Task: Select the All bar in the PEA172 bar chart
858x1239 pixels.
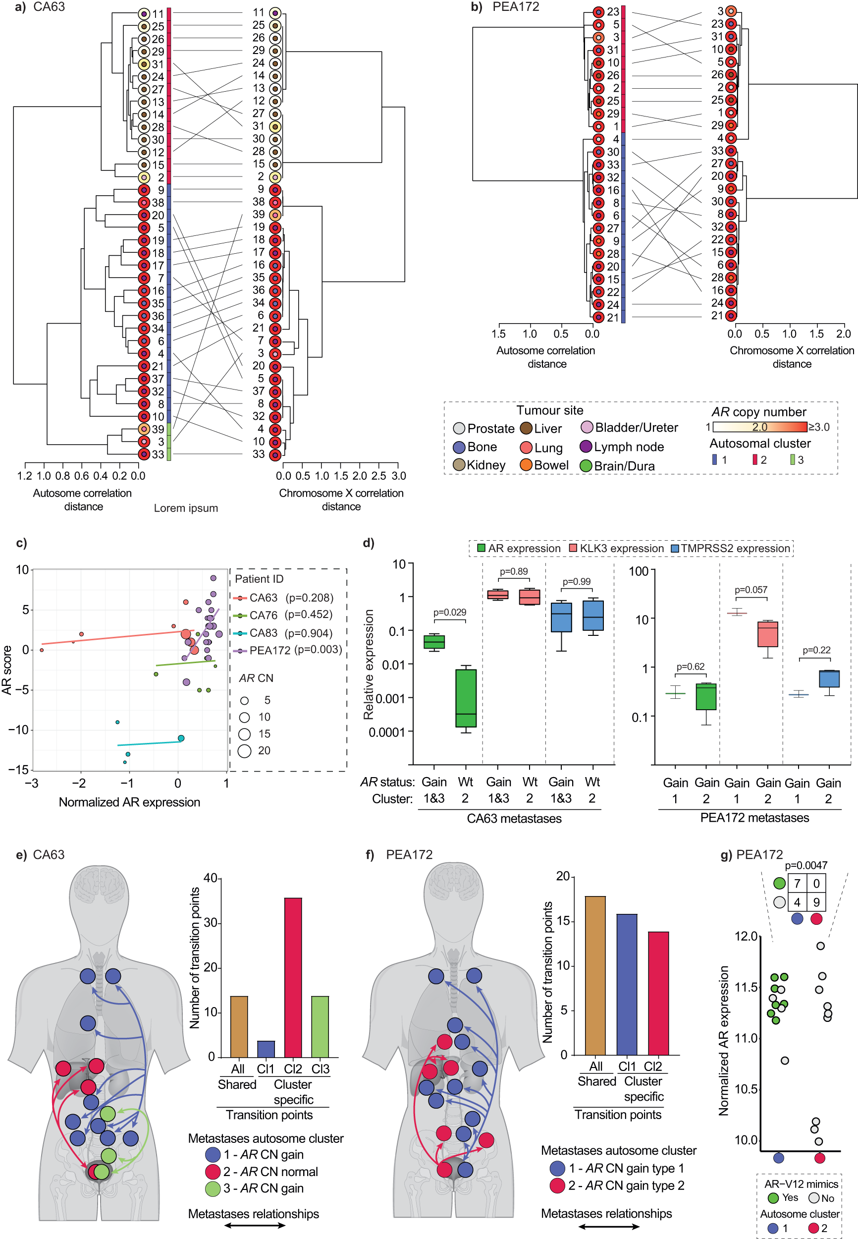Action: click(595, 975)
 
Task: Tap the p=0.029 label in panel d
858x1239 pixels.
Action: click(449, 613)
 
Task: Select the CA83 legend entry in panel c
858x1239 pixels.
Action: click(264, 633)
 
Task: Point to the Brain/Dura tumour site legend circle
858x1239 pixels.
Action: click(586, 466)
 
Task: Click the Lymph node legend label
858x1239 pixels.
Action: click(629, 447)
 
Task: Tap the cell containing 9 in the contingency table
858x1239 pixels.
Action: click(816, 902)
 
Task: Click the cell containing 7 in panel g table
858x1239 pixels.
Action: click(797, 884)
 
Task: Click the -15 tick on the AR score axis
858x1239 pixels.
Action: click(21, 770)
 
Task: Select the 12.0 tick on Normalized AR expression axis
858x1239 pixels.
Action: click(746, 937)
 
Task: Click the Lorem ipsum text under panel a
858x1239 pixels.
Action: click(186, 508)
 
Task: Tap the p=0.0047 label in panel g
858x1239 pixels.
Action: click(806, 865)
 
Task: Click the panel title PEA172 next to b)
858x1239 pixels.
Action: click(516, 7)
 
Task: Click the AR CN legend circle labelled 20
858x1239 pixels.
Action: click(245, 751)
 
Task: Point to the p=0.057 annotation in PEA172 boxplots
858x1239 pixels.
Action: click(751, 590)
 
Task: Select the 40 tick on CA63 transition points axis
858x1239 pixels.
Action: click(210, 878)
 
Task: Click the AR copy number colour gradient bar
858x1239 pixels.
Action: click(759, 427)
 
